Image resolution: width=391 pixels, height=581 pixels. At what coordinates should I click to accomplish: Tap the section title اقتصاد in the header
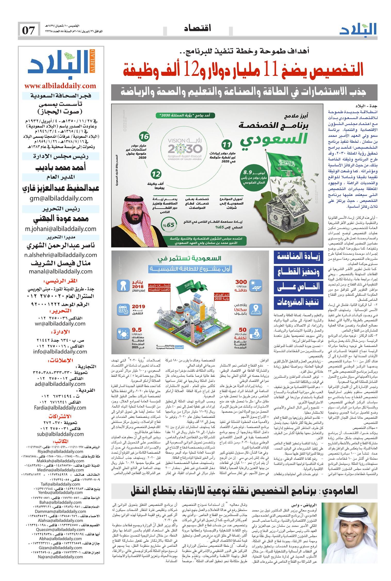click(x=198, y=28)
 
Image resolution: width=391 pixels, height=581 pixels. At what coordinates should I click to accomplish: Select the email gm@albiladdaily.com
click(x=60, y=198)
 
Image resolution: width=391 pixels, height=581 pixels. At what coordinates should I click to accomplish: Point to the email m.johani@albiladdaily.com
click(x=60, y=229)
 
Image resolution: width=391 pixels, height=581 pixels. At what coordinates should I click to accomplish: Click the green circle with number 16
click(x=144, y=136)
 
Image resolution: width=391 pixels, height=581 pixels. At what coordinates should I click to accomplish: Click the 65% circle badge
click(x=167, y=225)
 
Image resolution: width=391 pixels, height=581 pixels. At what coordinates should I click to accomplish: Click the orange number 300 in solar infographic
click(x=241, y=282)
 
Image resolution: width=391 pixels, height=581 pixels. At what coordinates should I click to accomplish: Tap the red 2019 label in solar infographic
click(x=139, y=307)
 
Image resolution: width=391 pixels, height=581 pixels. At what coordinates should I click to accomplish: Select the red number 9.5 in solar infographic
click(x=137, y=330)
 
